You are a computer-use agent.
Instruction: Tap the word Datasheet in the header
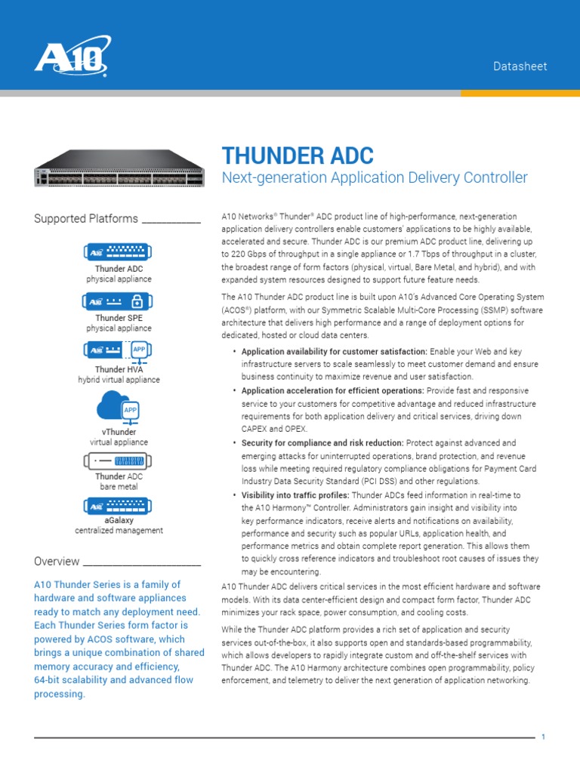[520, 66]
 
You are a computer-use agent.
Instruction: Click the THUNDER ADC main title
[298, 156]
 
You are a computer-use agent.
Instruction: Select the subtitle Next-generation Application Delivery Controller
[375, 178]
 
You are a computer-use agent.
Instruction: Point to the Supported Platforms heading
[86, 219]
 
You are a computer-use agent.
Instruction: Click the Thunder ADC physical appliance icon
[118, 251]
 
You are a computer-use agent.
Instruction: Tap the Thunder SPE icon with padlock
[118, 301]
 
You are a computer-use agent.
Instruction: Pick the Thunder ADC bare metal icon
[118, 460]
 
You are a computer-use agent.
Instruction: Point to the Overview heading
[57, 562]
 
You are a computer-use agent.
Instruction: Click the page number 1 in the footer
[543, 738]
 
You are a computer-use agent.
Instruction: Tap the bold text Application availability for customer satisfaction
[334, 352]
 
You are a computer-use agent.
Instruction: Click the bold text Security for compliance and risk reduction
[322, 443]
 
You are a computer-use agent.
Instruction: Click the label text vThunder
[119, 432]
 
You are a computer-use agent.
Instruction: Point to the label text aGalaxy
[119, 520]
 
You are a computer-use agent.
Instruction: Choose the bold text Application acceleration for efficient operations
[332, 391]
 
